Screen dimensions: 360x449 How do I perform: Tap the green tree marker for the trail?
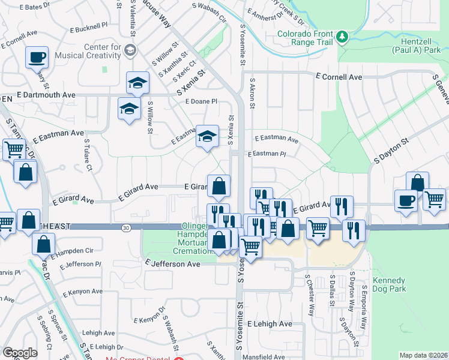click(x=342, y=37)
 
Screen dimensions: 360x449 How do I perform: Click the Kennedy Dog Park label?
click(x=390, y=284)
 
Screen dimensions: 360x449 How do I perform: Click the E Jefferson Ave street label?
click(x=173, y=263)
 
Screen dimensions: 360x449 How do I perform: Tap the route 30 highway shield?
click(x=125, y=227)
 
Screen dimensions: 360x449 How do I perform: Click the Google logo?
click(x=20, y=353)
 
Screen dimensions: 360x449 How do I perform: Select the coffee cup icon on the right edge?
click(x=406, y=200)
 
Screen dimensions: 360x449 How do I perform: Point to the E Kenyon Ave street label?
click(x=80, y=291)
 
